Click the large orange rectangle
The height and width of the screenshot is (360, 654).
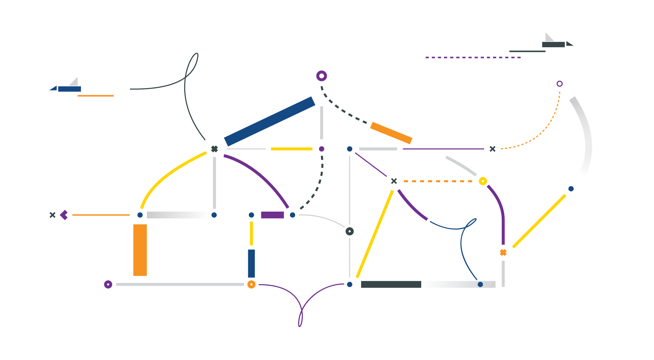(x=191, y=250)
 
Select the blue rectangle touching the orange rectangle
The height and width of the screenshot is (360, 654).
(x=298, y=264)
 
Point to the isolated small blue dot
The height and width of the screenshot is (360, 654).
(x=480, y=284)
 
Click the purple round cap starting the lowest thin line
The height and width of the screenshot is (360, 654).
(x=109, y=284)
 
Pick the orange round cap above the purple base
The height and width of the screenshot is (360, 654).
(x=252, y=284)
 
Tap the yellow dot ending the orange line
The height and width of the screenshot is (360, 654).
(x=483, y=181)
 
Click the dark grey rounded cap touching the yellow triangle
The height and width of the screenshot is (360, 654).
(x=351, y=231)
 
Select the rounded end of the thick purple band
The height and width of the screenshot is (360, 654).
(x=321, y=76)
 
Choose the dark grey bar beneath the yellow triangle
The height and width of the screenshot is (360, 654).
(x=391, y=284)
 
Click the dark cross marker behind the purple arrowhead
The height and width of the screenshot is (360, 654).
(x=53, y=215)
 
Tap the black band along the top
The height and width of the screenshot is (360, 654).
(x=327, y=16)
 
